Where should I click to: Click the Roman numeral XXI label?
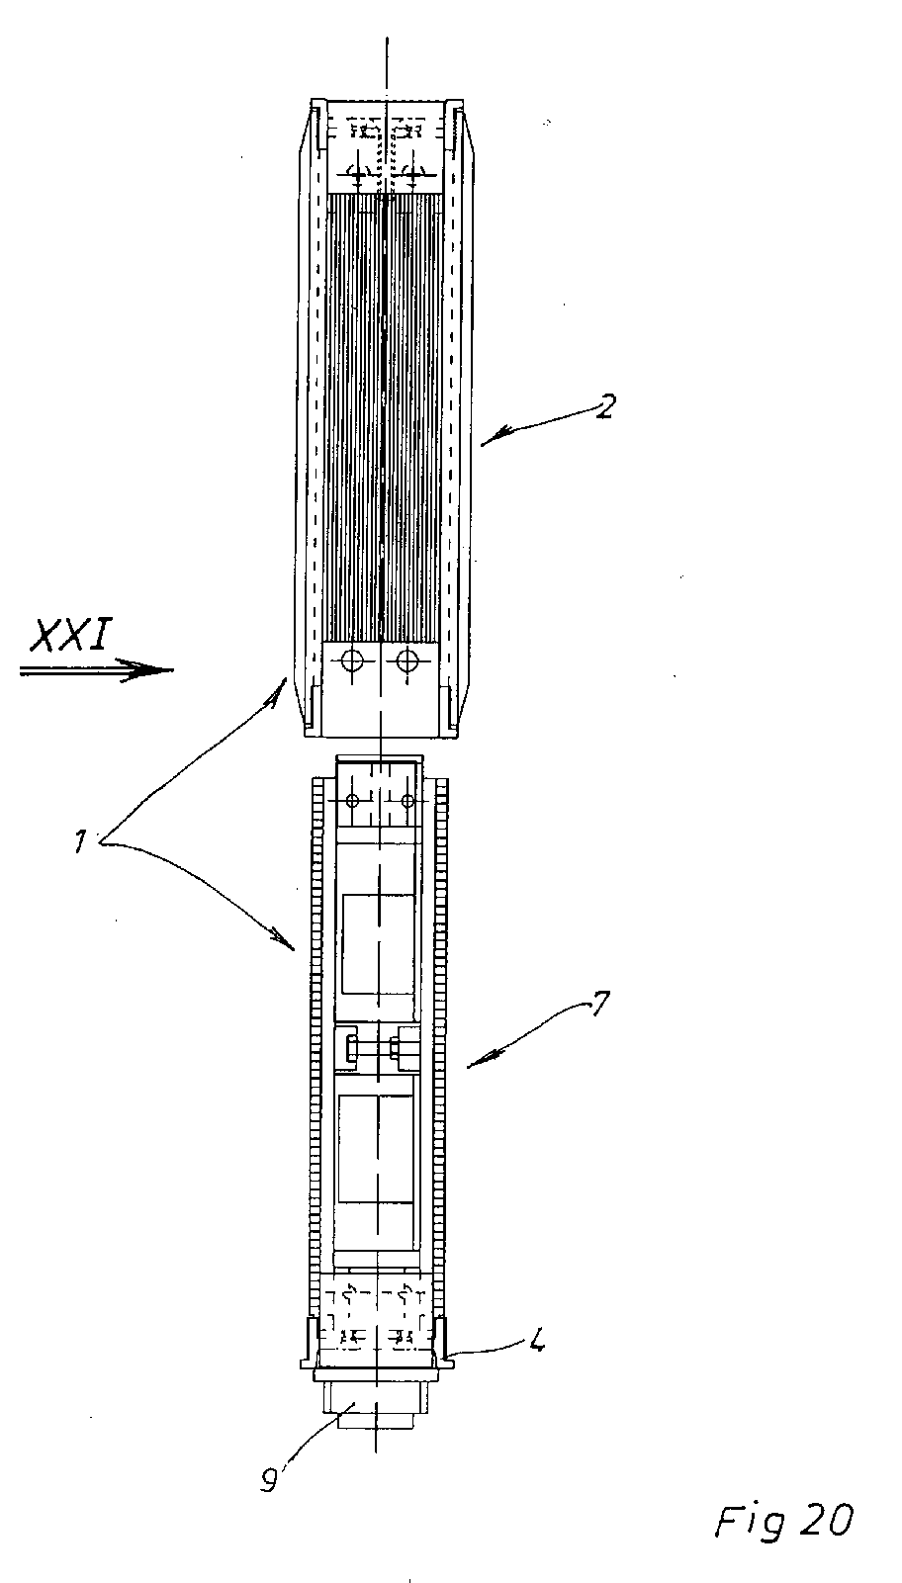tap(69, 637)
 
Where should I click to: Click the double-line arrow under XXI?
tap(96, 669)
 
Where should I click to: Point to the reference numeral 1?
tap(82, 841)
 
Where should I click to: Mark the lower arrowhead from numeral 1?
tap(284, 942)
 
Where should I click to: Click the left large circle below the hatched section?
tap(351, 662)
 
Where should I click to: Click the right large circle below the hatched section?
tap(406, 662)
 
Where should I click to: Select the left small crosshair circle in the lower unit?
tap(352, 800)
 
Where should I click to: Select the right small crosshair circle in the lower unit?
tap(406, 800)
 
